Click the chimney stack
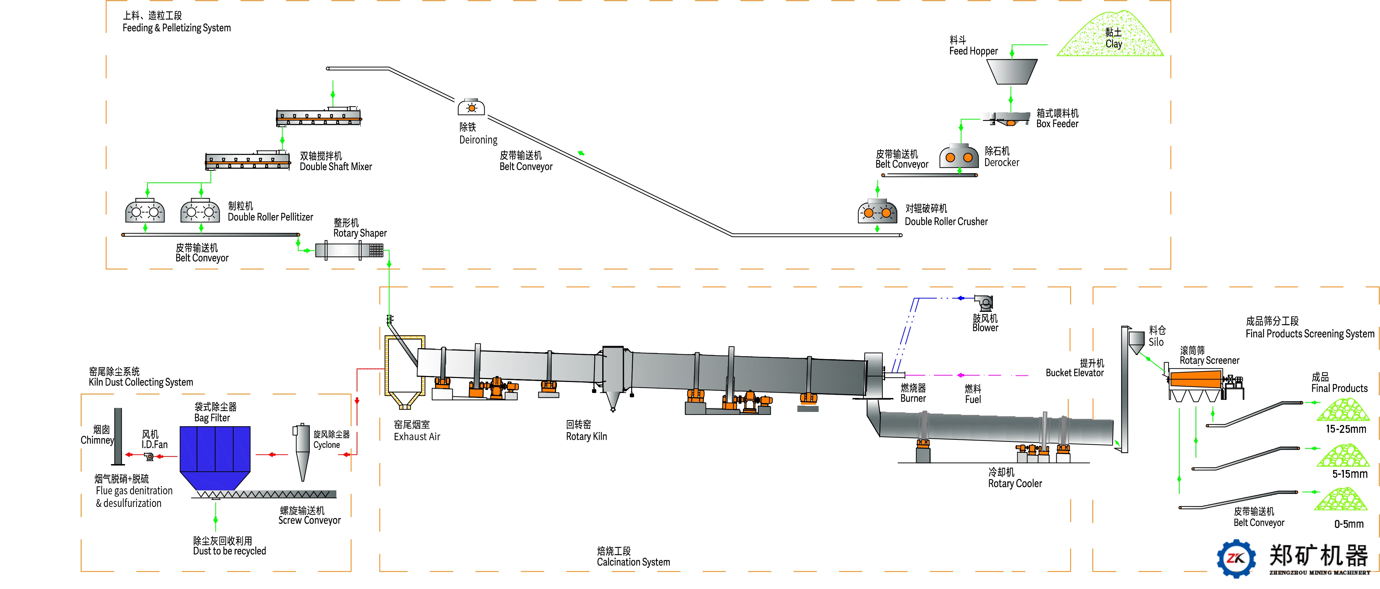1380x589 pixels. point(118,437)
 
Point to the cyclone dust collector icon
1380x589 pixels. point(301,452)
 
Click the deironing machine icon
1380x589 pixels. point(471,107)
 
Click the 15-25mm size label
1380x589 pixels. point(1346,429)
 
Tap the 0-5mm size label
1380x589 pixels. point(1349,524)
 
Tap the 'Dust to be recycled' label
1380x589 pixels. point(229,551)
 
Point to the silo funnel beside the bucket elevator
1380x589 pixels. point(1136,343)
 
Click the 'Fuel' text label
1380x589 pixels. point(973,399)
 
